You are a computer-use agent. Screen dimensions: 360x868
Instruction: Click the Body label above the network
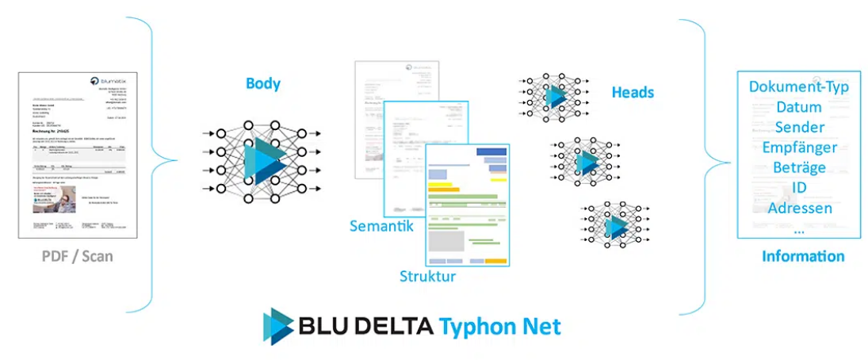tap(262, 83)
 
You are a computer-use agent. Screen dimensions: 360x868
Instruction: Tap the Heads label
tap(633, 92)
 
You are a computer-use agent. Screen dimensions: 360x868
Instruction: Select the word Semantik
tap(382, 226)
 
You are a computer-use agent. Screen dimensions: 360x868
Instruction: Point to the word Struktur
tap(427, 276)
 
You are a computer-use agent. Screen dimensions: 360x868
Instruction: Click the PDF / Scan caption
tap(78, 256)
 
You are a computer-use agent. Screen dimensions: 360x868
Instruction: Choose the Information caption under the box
tap(802, 256)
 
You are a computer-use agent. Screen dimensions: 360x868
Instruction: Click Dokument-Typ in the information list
tap(799, 86)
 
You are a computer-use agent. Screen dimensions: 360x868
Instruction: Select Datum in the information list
tap(799, 107)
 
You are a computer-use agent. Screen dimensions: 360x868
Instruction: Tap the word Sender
tap(799, 127)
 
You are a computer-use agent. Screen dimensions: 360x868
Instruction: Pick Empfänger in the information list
tap(799, 147)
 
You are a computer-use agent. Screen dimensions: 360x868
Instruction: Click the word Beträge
tap(799, 167)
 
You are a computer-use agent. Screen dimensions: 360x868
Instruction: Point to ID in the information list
tap(799, 188)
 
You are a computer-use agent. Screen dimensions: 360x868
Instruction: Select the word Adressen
tap(799, 208)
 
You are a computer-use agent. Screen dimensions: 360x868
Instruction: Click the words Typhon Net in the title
tap(500, 325)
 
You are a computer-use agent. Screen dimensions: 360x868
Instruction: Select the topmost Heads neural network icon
tap(553, 96)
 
